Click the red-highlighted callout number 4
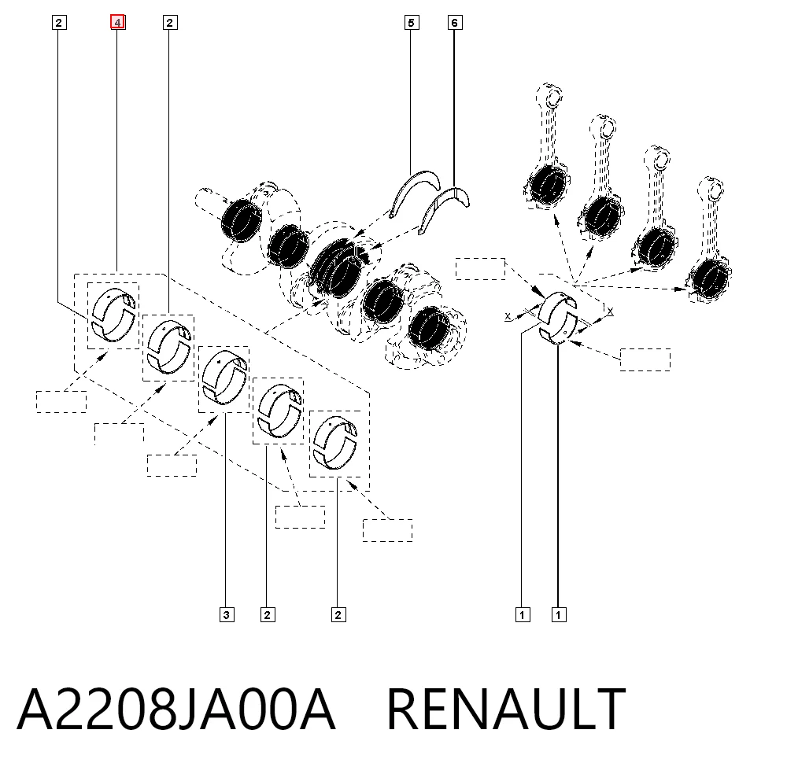pyautogui.click(x=117, y=22)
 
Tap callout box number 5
pyautogui.click(x=412, y=23)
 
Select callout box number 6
pyautogui.click(x=455, y=23)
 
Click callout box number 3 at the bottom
pyautogui.click(x=227, y=614)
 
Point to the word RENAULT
pyautogui.click(x=506, y=709)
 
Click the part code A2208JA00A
pyautogui.click(x=176, y=709)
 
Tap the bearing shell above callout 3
pyautogui.click(x=224, y=378)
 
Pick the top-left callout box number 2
pyautogui.click(x=59, y=23)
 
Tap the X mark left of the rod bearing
pyautogui.click(x=508, y=316)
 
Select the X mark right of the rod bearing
pyautogui.click(x=610, y=311)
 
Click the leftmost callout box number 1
pyautogui.click(x=523, y=614)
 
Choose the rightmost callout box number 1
pyautogui.click(x=559, y=614)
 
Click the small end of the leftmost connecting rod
pyautogui.click(x=552, y=96)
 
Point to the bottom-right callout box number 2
pyautogui.click(x=338, y=614)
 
